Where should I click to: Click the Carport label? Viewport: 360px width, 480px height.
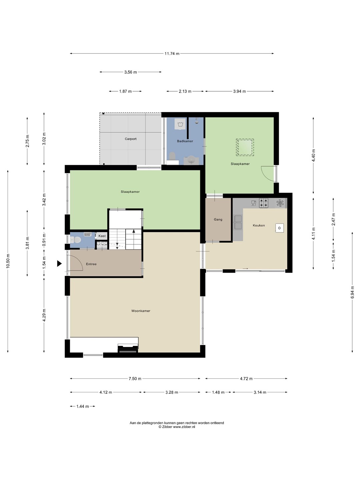[130, 139]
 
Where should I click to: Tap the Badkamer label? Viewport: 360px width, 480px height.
[185, 141]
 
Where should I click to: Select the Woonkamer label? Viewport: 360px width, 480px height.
[141, 311]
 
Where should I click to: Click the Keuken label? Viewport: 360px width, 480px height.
[259, 225]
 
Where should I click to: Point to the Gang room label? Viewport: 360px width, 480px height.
[218, 219]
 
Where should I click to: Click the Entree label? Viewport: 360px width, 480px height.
[91, 264]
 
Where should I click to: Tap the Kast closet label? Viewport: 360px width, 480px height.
[102, 236]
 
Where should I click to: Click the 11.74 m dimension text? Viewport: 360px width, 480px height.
[172, 54]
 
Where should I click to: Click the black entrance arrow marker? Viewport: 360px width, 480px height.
[59, 264]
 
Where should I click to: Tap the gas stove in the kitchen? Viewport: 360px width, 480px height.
[264, 203]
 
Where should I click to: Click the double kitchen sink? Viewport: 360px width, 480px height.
[238, 222]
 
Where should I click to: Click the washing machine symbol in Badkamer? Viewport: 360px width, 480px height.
[181, 124]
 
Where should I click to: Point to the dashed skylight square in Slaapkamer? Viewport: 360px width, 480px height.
[245, 147]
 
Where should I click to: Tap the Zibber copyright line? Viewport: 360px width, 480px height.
[177, 427]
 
